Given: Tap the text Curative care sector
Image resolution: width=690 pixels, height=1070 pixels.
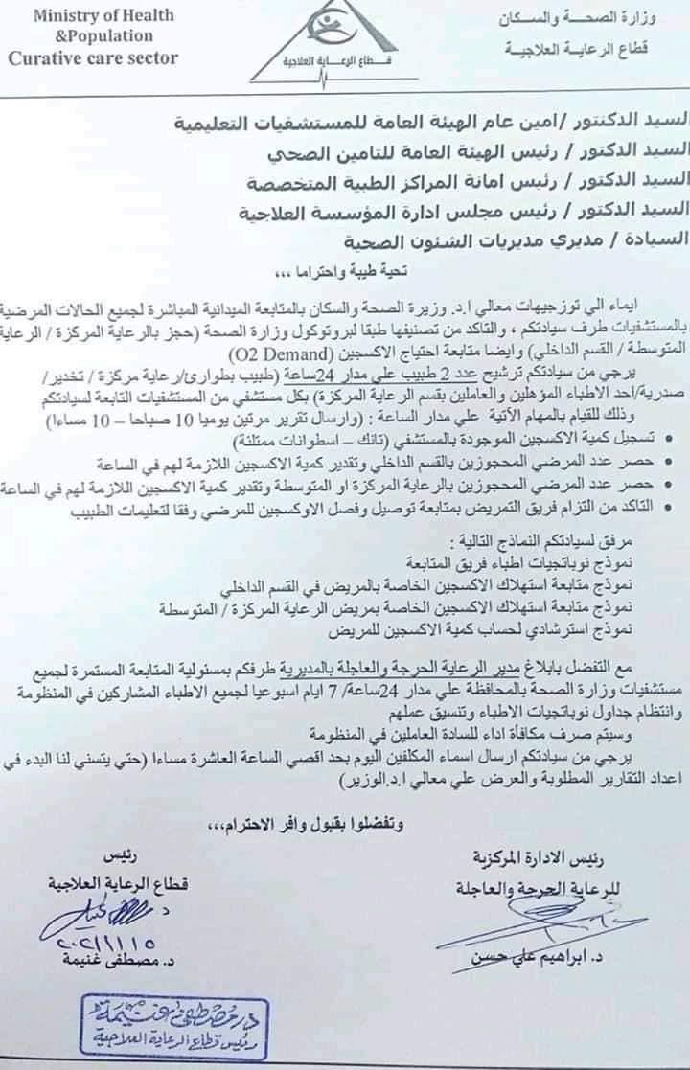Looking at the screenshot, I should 93,57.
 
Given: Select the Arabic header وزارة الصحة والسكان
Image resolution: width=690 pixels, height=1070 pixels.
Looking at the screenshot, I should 573,19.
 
